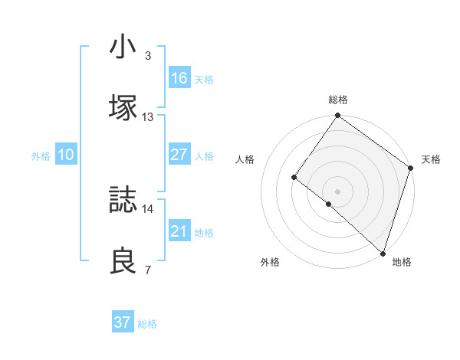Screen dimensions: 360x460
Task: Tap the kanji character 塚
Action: click(123, 106)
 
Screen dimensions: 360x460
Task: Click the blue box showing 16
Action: click(179, 78)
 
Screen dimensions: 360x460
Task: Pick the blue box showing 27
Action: click(179, 155)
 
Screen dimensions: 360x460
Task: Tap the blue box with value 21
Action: click(179, 231)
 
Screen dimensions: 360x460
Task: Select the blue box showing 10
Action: click(65, 155)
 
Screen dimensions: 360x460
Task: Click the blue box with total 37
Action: click(122, 322)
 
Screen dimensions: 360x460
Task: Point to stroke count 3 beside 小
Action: click(147, 57)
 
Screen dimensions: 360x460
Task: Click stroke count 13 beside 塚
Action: click(148, 117)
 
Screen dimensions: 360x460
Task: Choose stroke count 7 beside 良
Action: click(147, 270)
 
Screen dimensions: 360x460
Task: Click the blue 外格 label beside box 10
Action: click(41, 155)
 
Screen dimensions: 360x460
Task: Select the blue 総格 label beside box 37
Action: click(148, 324)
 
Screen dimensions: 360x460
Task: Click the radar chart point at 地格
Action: click(382, 252)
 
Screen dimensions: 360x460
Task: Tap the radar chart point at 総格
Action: click(337, 116)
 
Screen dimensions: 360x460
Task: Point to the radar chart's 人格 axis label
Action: click(245, 160)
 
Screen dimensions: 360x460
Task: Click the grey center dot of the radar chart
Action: click(337, 191)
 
